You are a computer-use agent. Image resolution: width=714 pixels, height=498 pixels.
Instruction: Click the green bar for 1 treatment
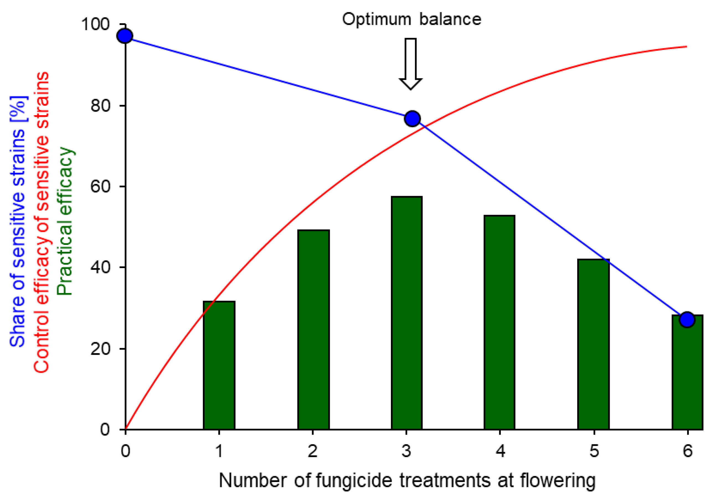[219, 366]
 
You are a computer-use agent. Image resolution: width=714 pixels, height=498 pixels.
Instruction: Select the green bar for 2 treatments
[313, 330]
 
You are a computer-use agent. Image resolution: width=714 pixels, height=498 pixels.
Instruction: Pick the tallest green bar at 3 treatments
[406, 313]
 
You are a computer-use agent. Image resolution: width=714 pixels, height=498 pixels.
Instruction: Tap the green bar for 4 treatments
[499, 322]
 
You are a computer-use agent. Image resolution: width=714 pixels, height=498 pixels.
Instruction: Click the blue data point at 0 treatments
[125, 36]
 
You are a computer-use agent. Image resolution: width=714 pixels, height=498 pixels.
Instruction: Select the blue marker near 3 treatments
[412, 119]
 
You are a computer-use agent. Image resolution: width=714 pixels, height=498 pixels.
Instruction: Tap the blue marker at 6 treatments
[687, 319]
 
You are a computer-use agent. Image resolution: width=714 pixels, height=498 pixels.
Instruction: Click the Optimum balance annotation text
[411, 19]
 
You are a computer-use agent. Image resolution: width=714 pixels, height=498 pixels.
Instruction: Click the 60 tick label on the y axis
[100, 186]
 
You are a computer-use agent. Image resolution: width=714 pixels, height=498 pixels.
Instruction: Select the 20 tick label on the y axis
[100, 349]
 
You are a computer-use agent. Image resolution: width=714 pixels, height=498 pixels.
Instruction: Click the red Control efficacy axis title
[42, 222]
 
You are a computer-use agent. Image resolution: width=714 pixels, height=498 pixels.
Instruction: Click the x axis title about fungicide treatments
[407, 480]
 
